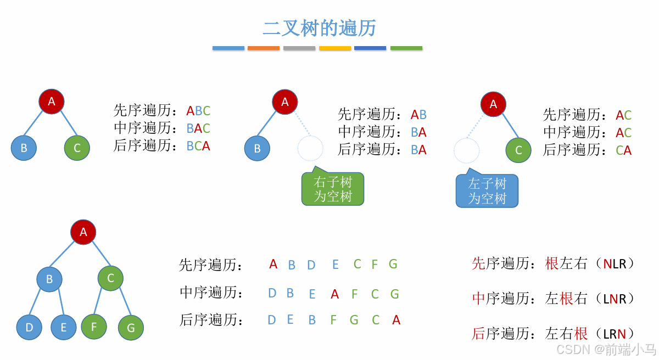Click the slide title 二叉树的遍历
pyautogui.click(x=319, y=28)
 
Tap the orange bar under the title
pyautogui.click(x=264, y=48)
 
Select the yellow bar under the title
pyautogui.click(x=335, y=48)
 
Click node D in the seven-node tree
pyautogui.click(x=29, y=328)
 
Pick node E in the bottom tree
pyautogui.click(x=64, y=328)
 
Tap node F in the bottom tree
pyautogui.click(x=94, y=327)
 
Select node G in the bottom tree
pyautogui.click(x=131, y=328)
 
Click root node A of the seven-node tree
pyautogui.click(x=83, y=232)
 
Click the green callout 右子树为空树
pyautogui.click(x=333, y=189)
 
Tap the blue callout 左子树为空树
pyautogui.click(x=487, y=191)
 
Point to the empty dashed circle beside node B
pyautogui.click(x=310, y=148)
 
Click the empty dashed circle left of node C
pyautogui.click(x=467, y=150)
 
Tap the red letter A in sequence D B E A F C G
pyautogui.click(x=335, y=294)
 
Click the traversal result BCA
pyautogui.click(x=198, y=146)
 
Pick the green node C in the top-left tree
pyautogui.click(x=77, y=148)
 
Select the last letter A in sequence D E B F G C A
pyautogui.click(x=396, y=320)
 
